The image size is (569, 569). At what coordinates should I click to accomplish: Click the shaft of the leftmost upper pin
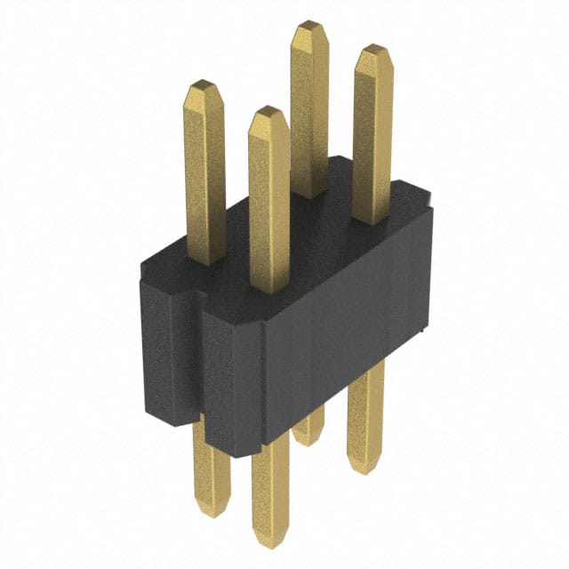tap(205, 178)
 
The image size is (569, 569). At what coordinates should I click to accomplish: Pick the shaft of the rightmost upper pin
tap(373, 133)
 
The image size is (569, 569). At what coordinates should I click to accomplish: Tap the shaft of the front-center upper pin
tap(269, 204)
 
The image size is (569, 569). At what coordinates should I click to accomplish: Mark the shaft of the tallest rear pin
tap(309, 107)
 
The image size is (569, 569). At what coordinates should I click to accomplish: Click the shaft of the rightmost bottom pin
tap(365, 418)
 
